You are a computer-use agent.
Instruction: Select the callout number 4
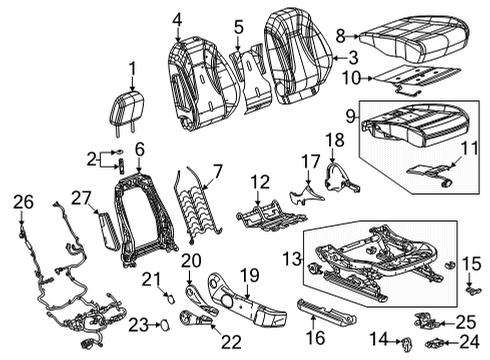pos(177,17)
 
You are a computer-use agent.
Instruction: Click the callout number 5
pos(239,27)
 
